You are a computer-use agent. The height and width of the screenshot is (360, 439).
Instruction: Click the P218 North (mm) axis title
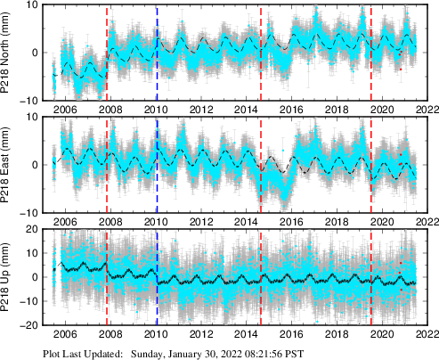point(10,53)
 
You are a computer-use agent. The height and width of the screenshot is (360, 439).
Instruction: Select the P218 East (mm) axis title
point(10,165)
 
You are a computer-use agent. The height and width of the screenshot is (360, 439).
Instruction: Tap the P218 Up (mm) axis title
point(10,277)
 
